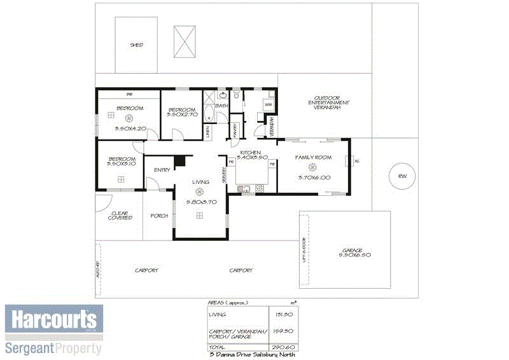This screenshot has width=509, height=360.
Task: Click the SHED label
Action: point(136,45)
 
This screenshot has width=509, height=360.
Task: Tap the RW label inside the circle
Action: point(401,176)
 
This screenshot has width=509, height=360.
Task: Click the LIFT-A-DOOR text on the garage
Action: point(305,250)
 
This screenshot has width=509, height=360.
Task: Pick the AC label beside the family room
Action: point(357,161)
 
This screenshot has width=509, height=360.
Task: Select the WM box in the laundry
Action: point(268,104)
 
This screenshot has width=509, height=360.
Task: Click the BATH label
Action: point(221,106)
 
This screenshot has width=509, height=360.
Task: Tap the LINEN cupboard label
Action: point(208,131)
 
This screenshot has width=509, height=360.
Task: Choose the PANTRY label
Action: point(235,129)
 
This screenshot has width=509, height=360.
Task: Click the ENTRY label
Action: point(162,169)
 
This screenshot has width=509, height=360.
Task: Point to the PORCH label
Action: point(158,216)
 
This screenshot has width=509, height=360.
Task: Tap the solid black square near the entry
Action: point(180,162)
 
